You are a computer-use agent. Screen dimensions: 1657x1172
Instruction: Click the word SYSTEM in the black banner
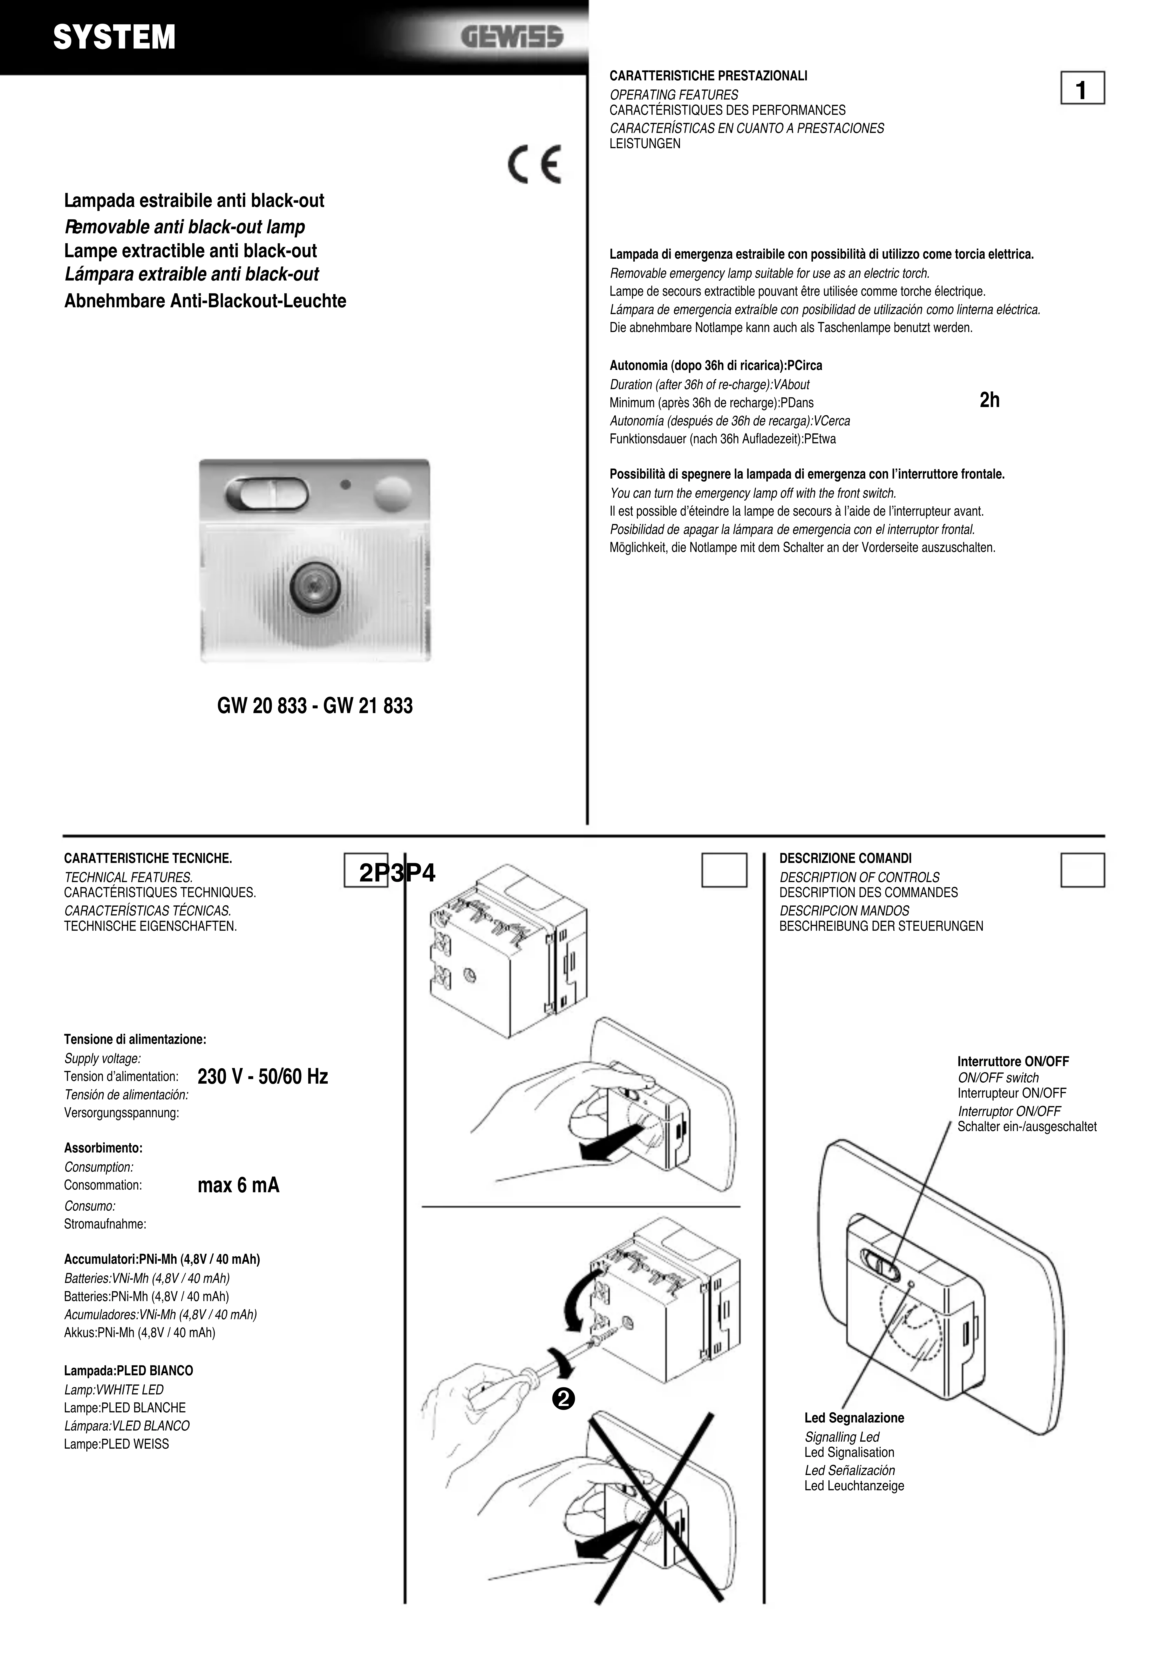pyautogui.click(x=114, y=38)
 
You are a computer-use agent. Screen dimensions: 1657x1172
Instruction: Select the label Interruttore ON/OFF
pyautogui.click(x=1013, y=1062)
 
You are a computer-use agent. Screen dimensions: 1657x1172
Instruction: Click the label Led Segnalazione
pyautogui.click(x=854, y=1417)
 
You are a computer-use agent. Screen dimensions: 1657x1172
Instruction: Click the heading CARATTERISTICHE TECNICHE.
pyautogui.click(x=148, y=858)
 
